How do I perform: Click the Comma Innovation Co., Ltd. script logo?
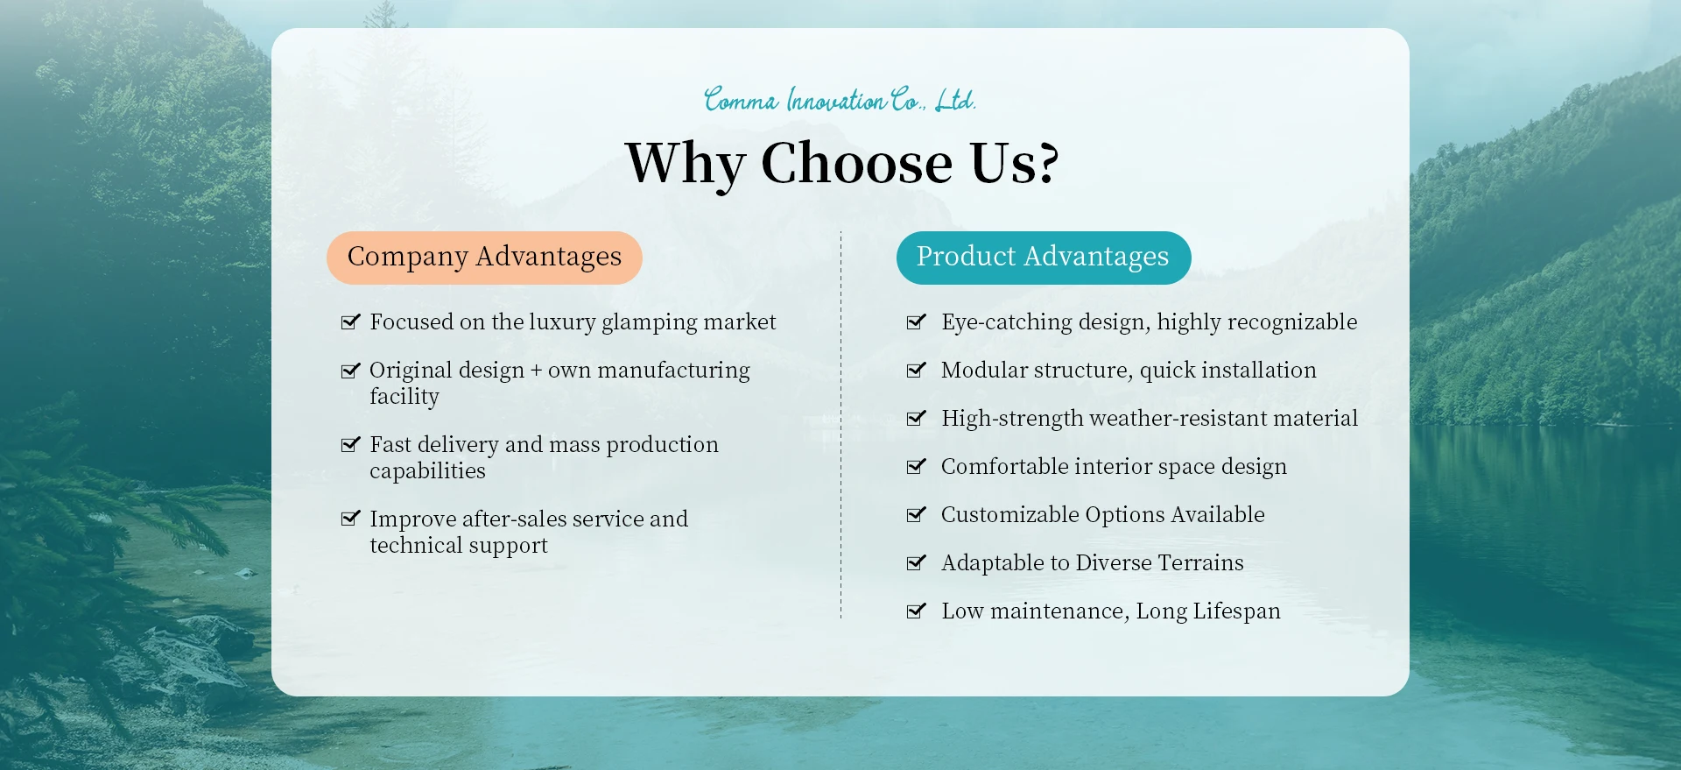pyautogui.click(x=840, y=100)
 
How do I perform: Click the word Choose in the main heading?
pyautogui.click(x=856, y=163)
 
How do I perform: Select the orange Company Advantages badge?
pyautogui.click(x=484, y=258)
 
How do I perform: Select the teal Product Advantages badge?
pyautogui.click(x=1044, y=258)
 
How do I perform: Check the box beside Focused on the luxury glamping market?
pyautogui.click(x=350, y=322)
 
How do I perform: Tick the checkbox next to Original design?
pyautogui.click(x=350, y=371)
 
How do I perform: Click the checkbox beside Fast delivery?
pyautogui.click(x=350, y=445)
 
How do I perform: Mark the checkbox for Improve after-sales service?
pyautogui.click(x=350, y=519)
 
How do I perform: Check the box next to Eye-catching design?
pyautogui.click(x=916, y=322)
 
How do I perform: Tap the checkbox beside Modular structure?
pyautogui.click(x=916, y=371)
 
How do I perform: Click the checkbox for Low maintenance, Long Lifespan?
pyautogui.click(x=916, y=611)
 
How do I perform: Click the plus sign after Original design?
pyautogui.click(x=536, y=371)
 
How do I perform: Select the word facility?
pyautogui.click(x=404, y=397)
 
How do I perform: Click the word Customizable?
pyautogui.click(x=1010, y=515)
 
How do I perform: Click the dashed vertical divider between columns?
pyautogui.click(x=840, y=426)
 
